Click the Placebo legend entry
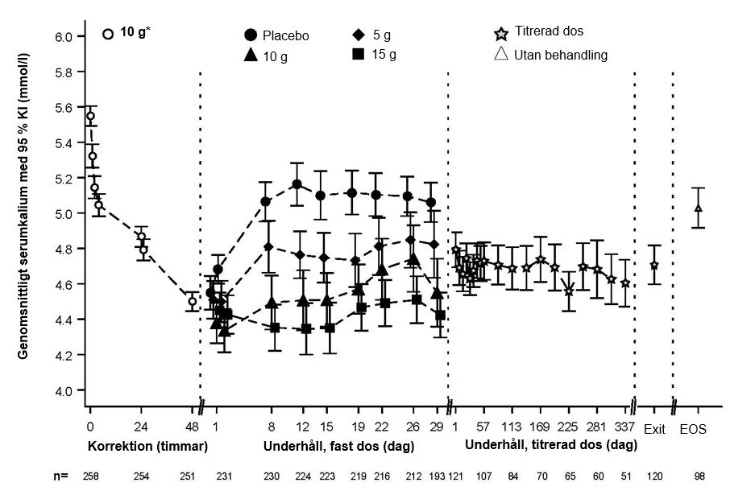(x=276, y=35)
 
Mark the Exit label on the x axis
(x=654, y=430)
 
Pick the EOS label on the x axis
(x=693, y=430)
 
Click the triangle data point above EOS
(x=699, y=208)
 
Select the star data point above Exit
(x=654, y=265)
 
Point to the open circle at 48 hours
(x=192, y=302)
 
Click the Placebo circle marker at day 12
(x=297, y=184)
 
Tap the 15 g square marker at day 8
(x=275, y=328)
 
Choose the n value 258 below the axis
(x=91, y=476)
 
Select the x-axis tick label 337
(x=625, y=427)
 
